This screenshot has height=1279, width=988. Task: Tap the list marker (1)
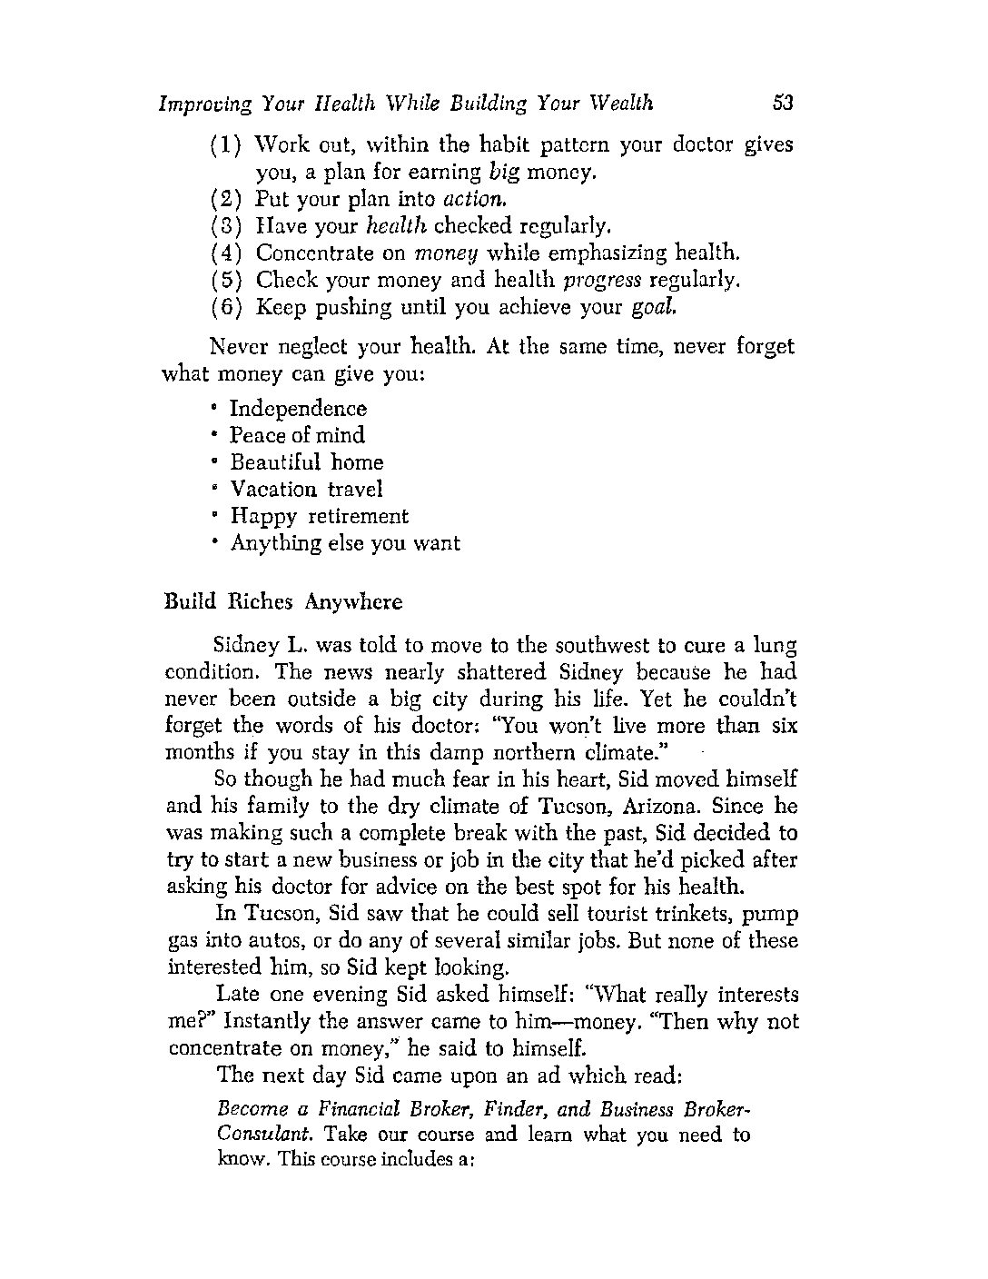tap(225, 145)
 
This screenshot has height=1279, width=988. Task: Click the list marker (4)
tap(225, 253)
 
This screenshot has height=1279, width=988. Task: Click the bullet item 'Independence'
tap(298, 409)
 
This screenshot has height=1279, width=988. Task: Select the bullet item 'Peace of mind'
tap(297, 435)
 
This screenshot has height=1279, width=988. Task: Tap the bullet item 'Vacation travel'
tap(306, 489)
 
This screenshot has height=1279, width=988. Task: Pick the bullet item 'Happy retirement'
tap(319, 516)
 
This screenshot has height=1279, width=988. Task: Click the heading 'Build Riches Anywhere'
tap(283, 601)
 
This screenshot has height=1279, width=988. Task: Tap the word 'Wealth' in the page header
tap(621, 103)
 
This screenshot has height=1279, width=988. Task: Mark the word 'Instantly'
tap(263, 1022)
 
